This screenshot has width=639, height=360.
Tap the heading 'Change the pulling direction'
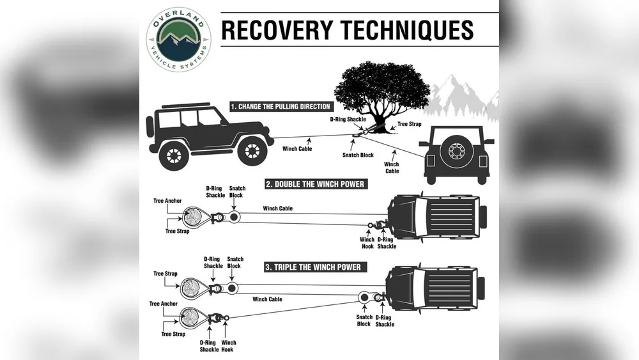click(281, 106)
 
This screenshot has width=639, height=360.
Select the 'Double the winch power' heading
click(315, 184)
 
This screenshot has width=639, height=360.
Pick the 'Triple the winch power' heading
click(312, 267)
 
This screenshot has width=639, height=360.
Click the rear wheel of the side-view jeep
click(174, 154)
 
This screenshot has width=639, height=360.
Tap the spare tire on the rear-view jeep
click(457, 152)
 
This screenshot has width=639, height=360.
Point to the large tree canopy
click(381, 88)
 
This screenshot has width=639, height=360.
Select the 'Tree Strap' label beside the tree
click(410, 125)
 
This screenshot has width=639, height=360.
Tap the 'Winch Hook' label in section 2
click(367, 243)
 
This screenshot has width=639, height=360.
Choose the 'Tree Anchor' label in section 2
click(167, 201)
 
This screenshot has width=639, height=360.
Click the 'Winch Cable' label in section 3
click(267, 299)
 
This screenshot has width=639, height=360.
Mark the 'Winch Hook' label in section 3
click(229, 346)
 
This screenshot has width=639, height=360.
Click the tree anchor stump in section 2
click(191, 216)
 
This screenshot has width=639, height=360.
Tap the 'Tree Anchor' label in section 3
click(164, 304)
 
